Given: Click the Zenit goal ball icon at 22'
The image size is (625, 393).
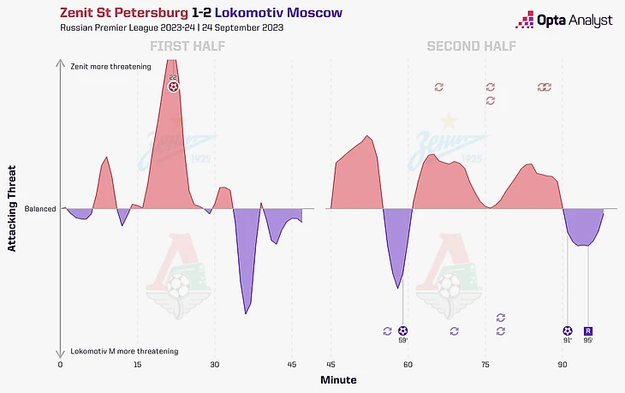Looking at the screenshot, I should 174,86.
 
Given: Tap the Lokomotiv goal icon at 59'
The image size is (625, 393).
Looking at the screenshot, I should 403,330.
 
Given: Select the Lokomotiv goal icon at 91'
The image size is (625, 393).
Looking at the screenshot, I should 567,330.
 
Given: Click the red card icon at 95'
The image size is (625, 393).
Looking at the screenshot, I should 587,330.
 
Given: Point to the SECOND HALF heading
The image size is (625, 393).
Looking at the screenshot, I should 472,45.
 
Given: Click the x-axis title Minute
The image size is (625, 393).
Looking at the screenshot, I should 339,379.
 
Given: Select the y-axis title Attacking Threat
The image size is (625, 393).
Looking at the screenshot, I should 13,208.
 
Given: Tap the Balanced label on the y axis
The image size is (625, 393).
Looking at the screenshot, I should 40,208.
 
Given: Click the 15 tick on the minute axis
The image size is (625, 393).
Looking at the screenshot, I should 137,365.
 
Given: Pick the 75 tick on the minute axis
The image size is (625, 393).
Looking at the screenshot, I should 485,365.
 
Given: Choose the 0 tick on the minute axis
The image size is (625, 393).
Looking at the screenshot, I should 61,365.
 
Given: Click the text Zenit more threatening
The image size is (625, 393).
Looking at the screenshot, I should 110,66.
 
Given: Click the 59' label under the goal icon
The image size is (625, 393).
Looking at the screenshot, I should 403,341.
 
